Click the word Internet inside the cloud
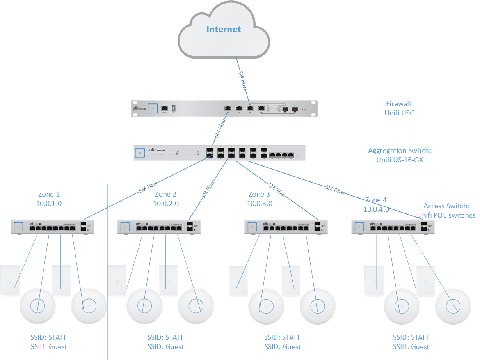pyautogui.click(x=224, y=29)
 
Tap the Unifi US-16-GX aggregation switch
pyautogui.click(x=219, y=153)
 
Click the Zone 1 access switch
pyautogui.click(x=53, y=227)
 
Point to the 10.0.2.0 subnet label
pyautogui.click(x=166, y=203)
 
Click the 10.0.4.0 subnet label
pyautogui.click(x=376, y=209)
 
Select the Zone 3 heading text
pyautogui.click(x=259, y=194)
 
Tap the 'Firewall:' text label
pyautogui.click(x=399, y=104)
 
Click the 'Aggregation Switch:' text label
pyautogui.click(x=399, y=151)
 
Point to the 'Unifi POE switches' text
pyautogui.click(x=446, y=215)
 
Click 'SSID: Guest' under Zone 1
pyautogui.click(x=49, y=346)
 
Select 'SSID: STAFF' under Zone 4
pyautogui.click(x=411, y=337)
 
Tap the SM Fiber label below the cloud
pyautogui.click(x=243, y=81)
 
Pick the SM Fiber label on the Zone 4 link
pyautogui.click(x=335, y=190)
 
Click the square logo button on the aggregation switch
pyautogui.click(x=140, y=153)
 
